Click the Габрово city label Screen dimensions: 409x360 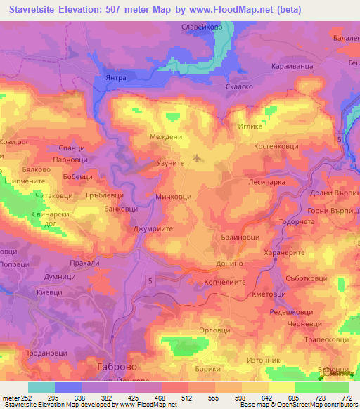click(117, 367)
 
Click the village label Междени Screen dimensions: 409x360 click(166, 136)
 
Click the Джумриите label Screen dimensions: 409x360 click(153, 228)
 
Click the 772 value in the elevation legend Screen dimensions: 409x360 click(345, 398)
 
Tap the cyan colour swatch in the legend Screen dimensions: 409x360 click(41, 387)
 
